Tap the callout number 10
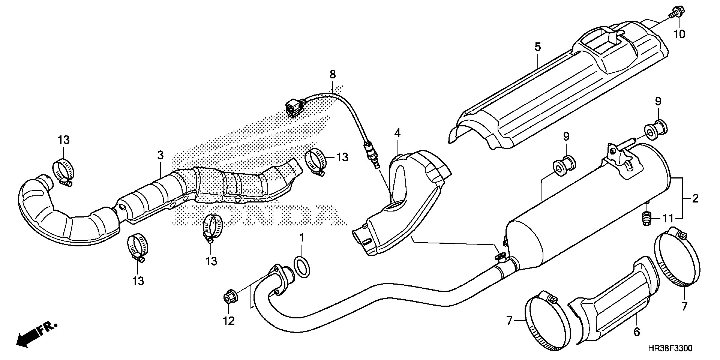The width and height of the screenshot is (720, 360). point(679,34)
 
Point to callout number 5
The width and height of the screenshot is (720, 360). point(537,47)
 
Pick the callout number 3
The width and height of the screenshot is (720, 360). point(160,155)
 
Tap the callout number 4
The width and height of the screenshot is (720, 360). point(397,133)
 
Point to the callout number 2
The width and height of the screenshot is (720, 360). point(695,198)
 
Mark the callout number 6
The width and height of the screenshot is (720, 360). point(636,332)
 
